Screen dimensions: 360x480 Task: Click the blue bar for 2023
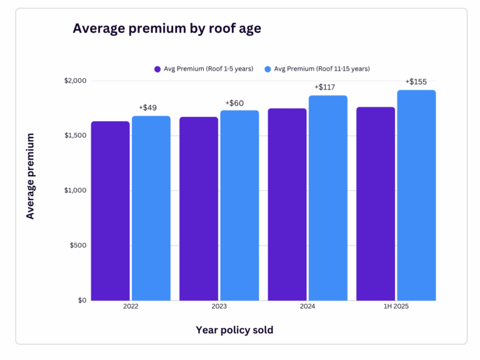[239, 206]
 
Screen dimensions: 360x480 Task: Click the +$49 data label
[147, 107]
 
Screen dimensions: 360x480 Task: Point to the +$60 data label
[234, 102]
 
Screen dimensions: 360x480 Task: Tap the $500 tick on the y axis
[77, 245]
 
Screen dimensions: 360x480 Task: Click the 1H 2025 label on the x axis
[396, 307]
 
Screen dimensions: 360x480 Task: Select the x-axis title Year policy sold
[234, 330]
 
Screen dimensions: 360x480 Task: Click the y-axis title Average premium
[30, 176]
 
